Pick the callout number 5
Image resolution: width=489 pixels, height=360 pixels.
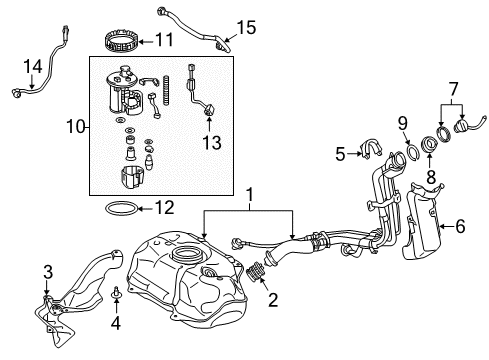(x=341, y=153)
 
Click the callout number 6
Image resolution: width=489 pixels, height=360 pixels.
(x=460, y=227)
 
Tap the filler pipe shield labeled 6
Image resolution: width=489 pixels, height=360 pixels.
(x=424, y=229)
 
